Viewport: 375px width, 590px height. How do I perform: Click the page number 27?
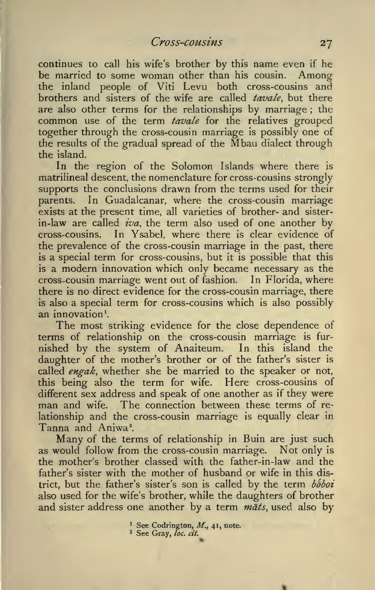click(x=323, y=43)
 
